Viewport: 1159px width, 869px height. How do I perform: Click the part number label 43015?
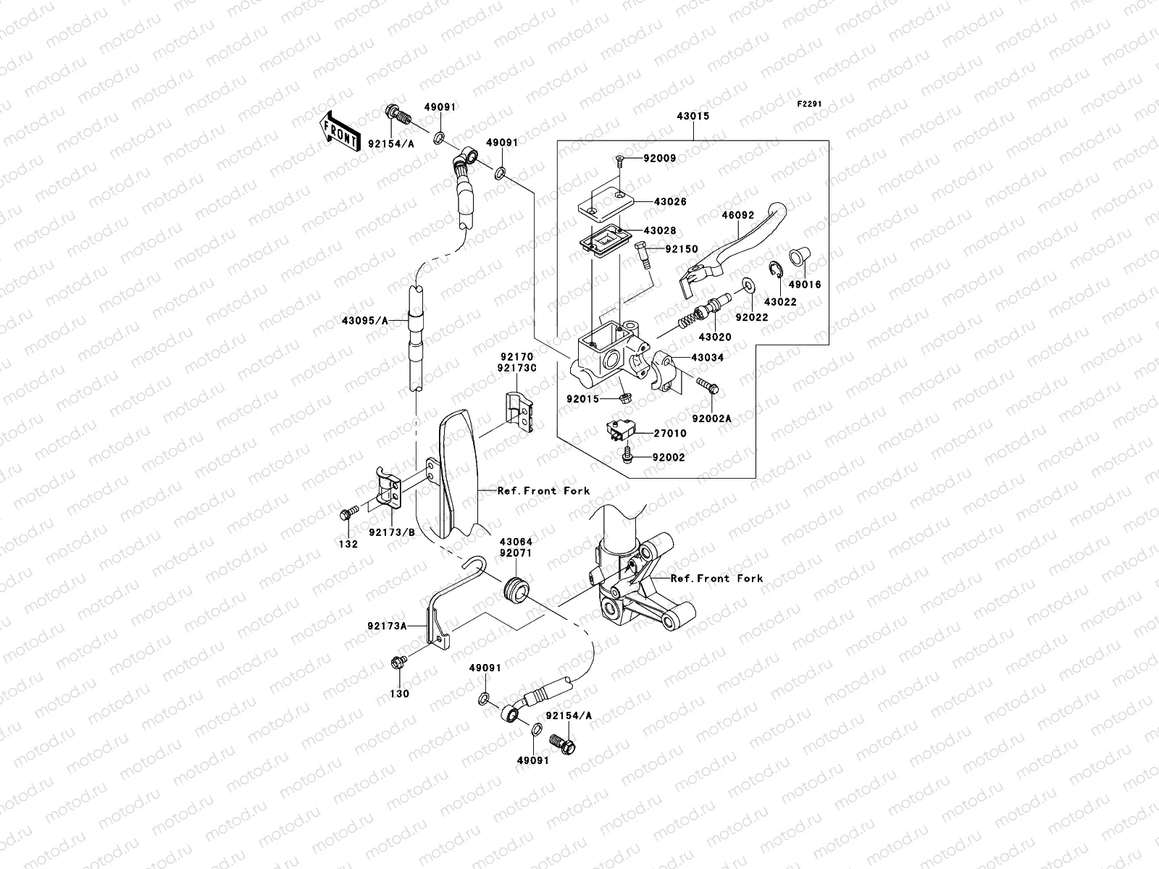tap(693, 116)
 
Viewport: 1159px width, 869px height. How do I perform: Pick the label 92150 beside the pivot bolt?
tap(682, 249)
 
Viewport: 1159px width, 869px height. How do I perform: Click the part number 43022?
tap(779, 302)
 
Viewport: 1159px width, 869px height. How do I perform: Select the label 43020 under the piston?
tap(715, 337)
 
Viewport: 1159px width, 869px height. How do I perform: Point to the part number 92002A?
tap(712, 419)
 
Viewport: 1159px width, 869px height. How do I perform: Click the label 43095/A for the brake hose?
tap(364, 320)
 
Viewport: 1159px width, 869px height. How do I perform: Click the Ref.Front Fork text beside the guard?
tap(543, 490)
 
